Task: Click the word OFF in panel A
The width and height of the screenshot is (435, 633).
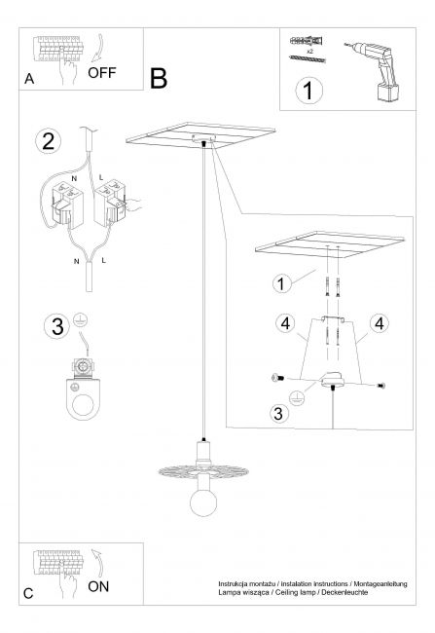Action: [101, 73]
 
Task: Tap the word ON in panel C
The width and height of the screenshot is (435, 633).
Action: [98, 586]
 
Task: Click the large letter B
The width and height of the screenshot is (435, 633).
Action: [159, 78]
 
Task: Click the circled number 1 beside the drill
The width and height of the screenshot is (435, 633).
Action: [309, 91]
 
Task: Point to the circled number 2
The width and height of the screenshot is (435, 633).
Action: [49, 142]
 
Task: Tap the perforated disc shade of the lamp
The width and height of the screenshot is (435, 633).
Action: [203, 471]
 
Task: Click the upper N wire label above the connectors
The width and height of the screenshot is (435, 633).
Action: [75, 178]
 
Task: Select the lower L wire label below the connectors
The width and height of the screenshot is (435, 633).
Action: [104, 260]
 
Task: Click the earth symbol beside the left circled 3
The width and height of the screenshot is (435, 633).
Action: [81, 320]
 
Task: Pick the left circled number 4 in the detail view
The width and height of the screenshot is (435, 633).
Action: [286, 323]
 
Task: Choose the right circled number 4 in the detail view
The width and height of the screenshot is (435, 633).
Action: [380, 323]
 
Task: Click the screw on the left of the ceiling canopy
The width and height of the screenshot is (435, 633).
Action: [278, 378]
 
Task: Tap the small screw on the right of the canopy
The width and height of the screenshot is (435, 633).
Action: [381, 386]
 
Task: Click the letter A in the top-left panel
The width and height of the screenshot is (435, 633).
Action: [29, 79]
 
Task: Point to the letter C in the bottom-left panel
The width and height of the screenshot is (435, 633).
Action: [28, 593]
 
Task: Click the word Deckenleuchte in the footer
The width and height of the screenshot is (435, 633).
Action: [344, 592]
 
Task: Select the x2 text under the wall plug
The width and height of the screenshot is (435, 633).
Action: [309, 52]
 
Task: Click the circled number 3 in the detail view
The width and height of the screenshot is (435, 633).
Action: [278, 413]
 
